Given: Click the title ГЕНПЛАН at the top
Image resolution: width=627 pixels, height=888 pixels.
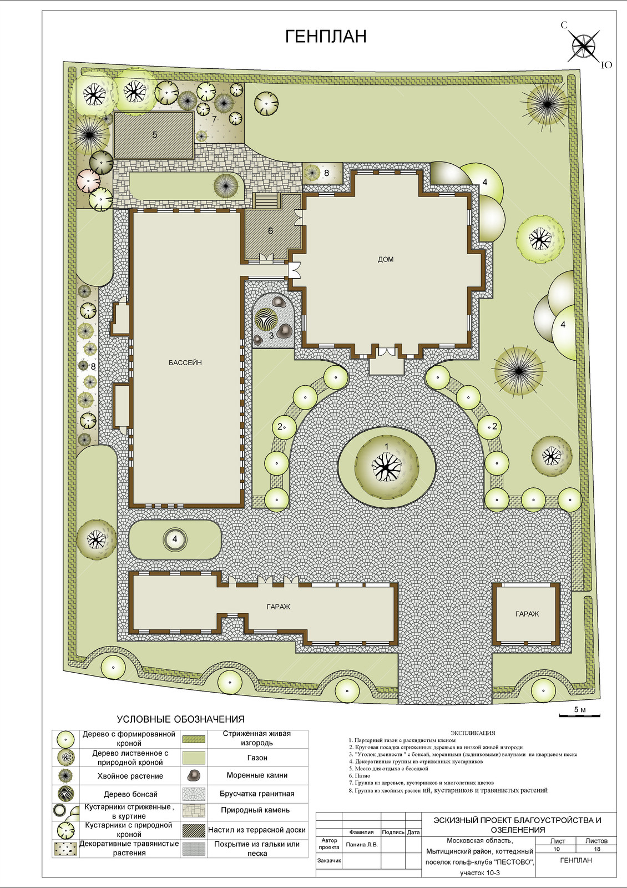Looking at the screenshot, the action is pos(326,37).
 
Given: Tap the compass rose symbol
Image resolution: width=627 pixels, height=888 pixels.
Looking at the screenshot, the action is pos(585,46).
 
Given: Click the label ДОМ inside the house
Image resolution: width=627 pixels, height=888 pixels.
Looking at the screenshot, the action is pos(386,260).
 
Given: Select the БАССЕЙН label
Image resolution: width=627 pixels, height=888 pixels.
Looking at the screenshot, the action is pos(185,362).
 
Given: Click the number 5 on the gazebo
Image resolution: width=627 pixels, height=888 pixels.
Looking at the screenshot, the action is pos(155,135).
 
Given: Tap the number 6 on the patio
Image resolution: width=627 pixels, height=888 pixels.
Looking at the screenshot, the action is pos(270,231).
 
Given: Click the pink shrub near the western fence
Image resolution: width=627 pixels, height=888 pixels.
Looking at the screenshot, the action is pos(89,181).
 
